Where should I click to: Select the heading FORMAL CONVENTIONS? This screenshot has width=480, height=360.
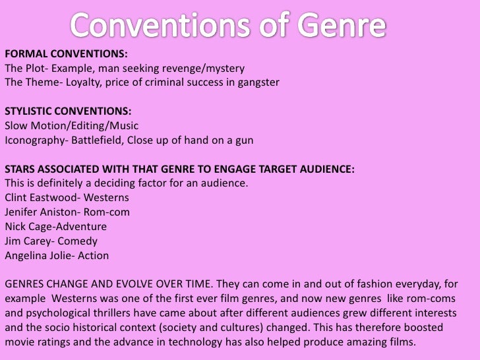pyautogui.click(x=66, y=55)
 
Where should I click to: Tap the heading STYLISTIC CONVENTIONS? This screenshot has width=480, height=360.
pyautogui.click(x=72, y=111)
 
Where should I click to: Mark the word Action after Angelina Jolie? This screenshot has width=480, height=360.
pyautogui.click(x=94, y=255)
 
